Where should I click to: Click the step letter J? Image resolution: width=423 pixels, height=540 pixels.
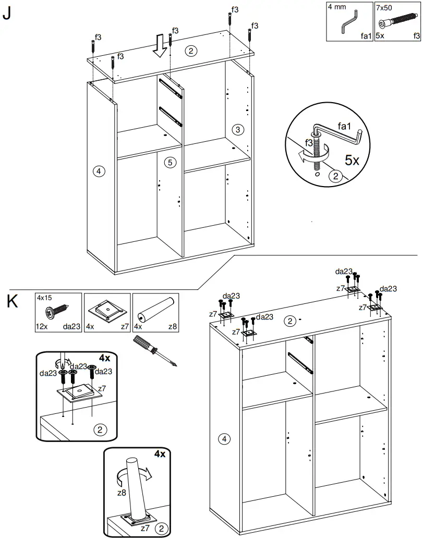[7, 13]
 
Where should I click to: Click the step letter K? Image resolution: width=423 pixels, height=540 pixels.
[13, 301]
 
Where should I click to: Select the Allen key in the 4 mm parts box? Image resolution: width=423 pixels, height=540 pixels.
[349, 22]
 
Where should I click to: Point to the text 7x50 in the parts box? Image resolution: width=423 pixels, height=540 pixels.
[384, 8]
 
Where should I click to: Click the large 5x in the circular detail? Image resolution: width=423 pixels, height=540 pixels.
[352, 160]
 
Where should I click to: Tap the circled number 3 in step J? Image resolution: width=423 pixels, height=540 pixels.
[237, 130]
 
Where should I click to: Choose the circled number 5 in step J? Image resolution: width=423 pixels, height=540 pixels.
[170, 162]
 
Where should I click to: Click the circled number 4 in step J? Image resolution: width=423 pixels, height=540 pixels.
[99, 171]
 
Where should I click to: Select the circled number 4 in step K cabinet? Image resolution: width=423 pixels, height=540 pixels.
[224, 439]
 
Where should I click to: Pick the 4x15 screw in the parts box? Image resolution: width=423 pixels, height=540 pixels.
[57, 311]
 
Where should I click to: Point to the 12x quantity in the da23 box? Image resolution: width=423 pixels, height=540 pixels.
[41, 326]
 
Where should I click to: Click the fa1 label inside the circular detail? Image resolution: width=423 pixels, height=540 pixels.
[344, 126]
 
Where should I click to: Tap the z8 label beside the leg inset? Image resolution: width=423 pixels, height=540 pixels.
[122, 493]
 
